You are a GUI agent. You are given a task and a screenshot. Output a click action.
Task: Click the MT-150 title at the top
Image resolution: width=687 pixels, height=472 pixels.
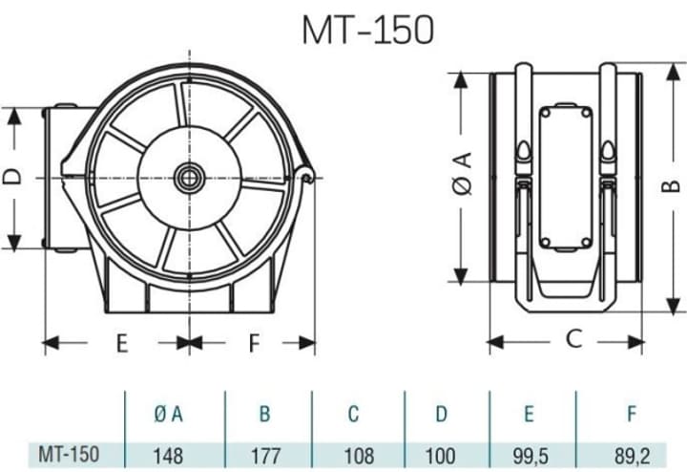point(368,30)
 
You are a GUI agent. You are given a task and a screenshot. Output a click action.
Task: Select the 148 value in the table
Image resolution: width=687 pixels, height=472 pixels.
point(168,456)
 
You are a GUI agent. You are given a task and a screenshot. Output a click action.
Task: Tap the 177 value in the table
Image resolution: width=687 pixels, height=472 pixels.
point(265,456)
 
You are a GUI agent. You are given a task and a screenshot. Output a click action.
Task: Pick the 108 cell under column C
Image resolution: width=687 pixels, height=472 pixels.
point(360,456)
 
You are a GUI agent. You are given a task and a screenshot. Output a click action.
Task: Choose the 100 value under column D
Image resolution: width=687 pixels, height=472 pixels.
point(440,456)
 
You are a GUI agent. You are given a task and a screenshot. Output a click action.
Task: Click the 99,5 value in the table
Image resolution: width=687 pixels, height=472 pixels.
point(531,456)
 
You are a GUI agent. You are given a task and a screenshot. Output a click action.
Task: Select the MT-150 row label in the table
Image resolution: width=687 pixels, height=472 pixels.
point(69,455)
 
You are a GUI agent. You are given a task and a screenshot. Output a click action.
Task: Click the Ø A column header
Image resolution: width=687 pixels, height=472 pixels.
point(168,414)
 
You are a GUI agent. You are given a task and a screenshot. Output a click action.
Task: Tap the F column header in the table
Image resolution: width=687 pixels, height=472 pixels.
point(632,414)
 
